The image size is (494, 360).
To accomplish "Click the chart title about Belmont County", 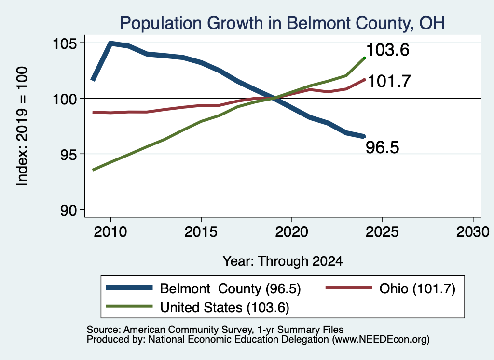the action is click(282, 23).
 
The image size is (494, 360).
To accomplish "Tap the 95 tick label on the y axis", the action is click(69, 154).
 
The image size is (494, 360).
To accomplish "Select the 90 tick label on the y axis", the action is click(69, 210).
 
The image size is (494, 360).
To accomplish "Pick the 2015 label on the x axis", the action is click(201, 232).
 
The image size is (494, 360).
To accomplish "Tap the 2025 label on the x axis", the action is click(382, 232).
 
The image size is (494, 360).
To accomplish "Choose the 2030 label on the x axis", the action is click(473, 232).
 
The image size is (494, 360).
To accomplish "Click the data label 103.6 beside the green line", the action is click(388, 50).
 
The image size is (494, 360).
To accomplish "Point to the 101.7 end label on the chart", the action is click(389, 81).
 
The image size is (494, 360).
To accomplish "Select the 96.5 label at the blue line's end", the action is click(383, 147).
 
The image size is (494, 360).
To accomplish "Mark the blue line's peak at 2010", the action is click(110, 43).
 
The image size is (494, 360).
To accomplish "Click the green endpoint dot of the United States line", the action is click(365, 58).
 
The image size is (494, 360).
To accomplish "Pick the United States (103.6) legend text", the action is click(225, 308).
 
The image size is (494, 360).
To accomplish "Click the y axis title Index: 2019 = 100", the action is click(22, 126).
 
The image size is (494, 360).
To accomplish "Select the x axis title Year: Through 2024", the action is click(283, 261).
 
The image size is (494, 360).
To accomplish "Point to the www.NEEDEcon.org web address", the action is click(381, 340).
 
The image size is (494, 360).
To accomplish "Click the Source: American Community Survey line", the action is click(215, 330).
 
